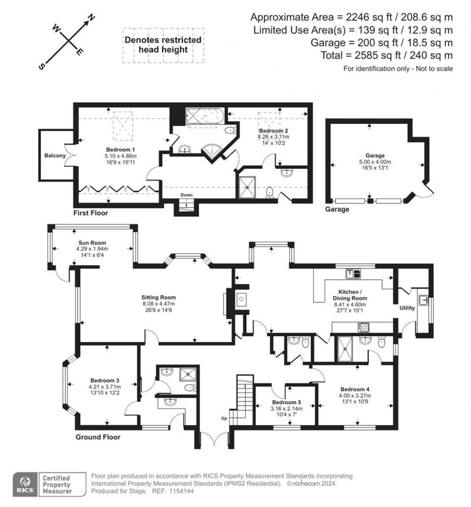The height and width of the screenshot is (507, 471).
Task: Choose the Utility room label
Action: point(407,308)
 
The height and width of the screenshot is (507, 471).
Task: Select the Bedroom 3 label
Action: point(105,380)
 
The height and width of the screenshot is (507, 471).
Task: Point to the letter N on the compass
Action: point(92,18)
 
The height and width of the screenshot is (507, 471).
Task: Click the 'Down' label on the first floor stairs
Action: point(186,195)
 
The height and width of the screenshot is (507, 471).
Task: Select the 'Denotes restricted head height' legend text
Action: point(163,45)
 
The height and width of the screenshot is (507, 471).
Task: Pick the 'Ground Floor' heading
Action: point(98,437)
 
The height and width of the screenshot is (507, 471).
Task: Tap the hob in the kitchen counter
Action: point(363,327)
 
